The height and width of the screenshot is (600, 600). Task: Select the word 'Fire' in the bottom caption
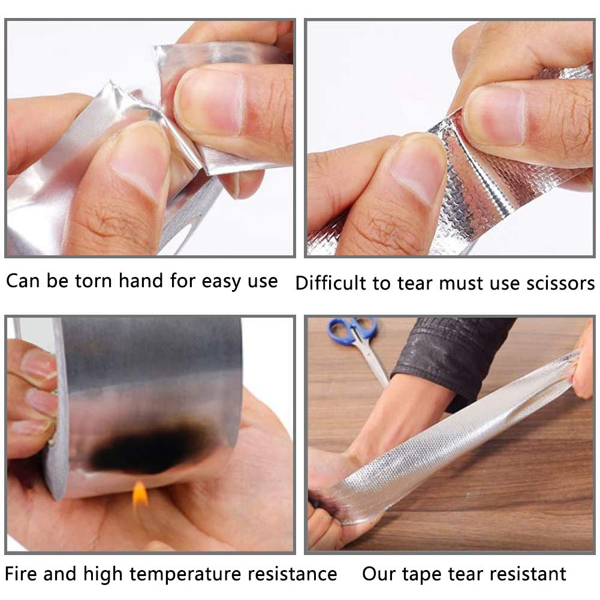point(24,574)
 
